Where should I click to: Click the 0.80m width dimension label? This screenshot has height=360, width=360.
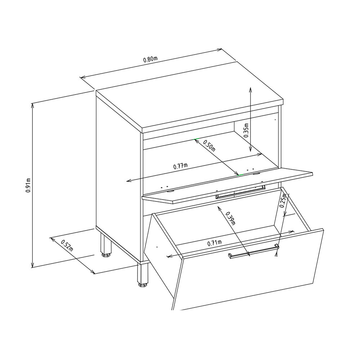(150, 59)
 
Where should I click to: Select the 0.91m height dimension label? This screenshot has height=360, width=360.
(28, 185)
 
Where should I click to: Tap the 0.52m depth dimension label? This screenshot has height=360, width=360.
(67, 245)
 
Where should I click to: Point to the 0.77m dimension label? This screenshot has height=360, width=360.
(180, 166)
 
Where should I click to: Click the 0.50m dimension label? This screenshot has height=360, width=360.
(210, 145)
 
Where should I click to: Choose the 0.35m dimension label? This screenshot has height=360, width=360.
(246, 130)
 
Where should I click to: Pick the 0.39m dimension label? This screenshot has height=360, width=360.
(230, 219)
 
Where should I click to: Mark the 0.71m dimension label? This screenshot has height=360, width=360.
(215, 243)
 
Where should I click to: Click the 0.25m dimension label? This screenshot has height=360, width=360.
(283, 200)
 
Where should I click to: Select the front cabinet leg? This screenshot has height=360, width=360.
(143, 275)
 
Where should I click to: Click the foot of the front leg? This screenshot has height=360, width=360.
(143, 285)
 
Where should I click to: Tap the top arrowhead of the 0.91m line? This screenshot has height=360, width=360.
(33, 105)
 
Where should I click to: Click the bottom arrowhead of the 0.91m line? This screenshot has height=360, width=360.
(33, 265)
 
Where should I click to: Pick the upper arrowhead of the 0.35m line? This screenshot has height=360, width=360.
(251, 90)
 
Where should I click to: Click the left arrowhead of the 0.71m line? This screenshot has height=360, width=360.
(170, 256)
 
